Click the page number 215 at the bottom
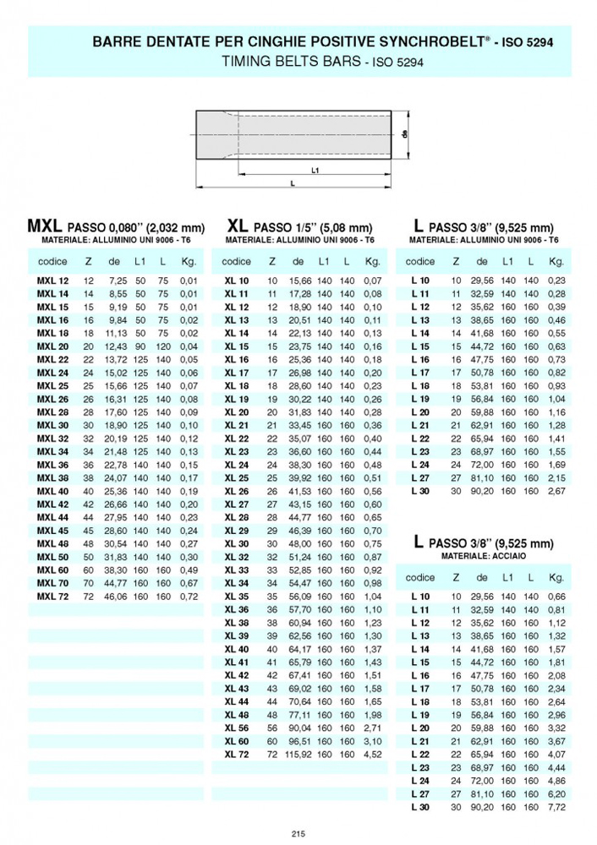pos(298,834)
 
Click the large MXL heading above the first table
pos(45,226)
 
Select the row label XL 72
pos(237,753)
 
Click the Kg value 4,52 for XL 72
pos(373,753)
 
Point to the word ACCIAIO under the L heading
pos(501,557)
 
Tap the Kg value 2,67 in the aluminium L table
pos(556,491)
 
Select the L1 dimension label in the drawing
pos(315,170)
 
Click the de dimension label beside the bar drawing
pos(405,134)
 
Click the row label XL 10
pos(237,281)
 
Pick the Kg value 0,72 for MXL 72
pos(188,596)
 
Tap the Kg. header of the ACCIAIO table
pos(556,578)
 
